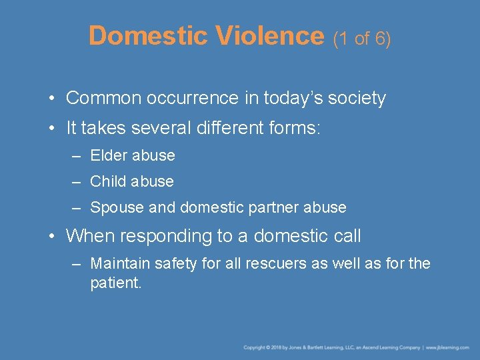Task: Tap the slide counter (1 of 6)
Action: [x=361, y=39]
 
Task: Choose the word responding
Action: [x=171, y=236]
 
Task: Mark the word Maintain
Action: [x=120, y=264]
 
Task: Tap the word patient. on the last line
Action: [x=116, y=283]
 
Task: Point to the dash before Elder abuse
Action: [x=77, y=156]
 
